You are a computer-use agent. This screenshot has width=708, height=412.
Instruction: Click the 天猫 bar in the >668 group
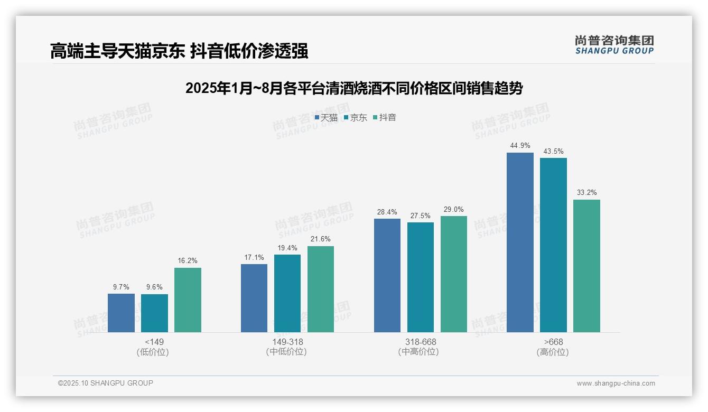(520, 242)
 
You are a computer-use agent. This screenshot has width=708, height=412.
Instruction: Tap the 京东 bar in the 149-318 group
(287, 293)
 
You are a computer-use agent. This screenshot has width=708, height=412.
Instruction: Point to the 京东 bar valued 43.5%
(553, 245)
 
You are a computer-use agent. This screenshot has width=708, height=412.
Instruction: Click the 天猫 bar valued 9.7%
(121, 313)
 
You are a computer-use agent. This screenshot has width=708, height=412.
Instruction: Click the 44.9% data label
(520, 146)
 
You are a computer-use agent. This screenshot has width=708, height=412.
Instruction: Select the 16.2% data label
(188, 260)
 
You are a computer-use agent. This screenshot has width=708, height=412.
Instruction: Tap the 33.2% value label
(586, 192)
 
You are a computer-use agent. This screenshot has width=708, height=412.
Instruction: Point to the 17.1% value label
(254, 257)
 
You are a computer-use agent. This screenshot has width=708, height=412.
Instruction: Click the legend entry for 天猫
(326, 118)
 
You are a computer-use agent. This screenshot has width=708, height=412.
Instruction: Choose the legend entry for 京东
(356, 118)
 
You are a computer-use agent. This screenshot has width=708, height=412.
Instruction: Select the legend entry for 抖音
(385, 118)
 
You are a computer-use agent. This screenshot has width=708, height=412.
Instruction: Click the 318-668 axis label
(421, 342)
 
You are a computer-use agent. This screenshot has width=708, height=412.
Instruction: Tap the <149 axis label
(154, 342)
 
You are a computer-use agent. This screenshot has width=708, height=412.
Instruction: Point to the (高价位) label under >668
(553, 352)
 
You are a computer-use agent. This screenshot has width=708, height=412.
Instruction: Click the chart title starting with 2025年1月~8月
(353, 88)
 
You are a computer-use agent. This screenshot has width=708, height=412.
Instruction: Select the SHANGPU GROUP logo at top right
(614, 45)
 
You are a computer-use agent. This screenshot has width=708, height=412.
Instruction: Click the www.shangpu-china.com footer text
(616, 383)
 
